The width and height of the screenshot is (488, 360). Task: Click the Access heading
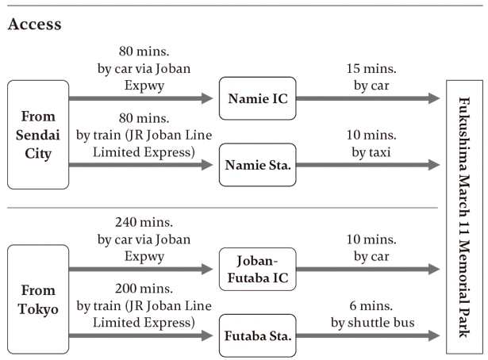pyautogui.click(x=34, y=24)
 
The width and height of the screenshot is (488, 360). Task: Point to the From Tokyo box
pyautogui.click(x=38, y=299)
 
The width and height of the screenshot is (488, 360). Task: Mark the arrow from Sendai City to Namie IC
pyautogui.click(x=143, y=99)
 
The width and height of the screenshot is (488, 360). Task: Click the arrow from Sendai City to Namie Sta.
pyautogui.click(x=143, y=166)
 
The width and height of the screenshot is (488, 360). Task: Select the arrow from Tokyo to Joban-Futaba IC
pyautogui.click(x=143, y=270)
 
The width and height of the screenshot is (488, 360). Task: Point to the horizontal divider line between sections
pyautogui.click(x=222, y=208)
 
